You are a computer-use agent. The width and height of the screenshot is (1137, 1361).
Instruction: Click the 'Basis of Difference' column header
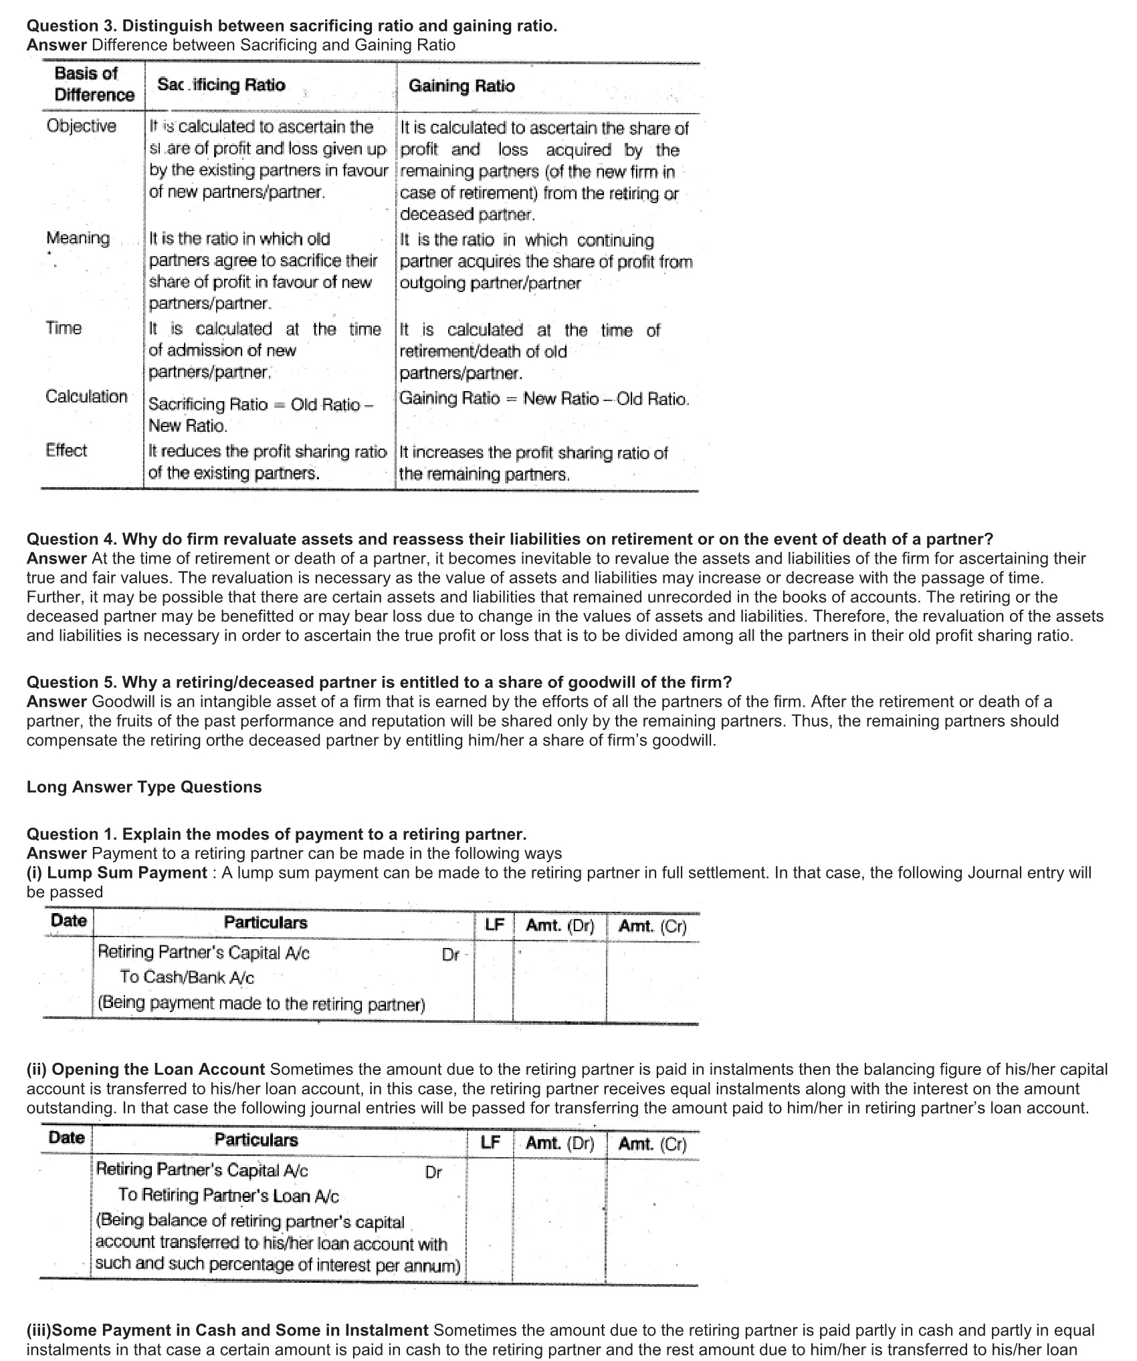click(94, 84)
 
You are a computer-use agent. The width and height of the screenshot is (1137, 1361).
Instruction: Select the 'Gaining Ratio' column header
click(461, 86)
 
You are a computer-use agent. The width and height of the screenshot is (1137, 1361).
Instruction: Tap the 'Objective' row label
click(81, 126)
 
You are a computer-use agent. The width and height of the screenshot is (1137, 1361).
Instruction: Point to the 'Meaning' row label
click(78, 238)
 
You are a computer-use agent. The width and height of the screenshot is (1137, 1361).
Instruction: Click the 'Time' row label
click(64, 328)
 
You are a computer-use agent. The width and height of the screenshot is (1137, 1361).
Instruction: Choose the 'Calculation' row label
click(86, 396)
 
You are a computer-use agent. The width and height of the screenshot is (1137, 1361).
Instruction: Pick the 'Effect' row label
click(66, 451)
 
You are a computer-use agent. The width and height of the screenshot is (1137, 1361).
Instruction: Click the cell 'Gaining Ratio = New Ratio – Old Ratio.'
click(544, 399)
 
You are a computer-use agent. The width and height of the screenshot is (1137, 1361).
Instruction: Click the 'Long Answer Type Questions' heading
click(144, 787)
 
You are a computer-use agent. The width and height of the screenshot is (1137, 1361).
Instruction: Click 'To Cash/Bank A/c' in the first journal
click(187, 977)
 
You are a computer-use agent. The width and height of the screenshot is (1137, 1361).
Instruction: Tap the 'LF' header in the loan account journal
click(490, 1142)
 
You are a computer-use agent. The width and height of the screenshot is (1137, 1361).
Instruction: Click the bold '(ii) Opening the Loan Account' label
click(146, 1070)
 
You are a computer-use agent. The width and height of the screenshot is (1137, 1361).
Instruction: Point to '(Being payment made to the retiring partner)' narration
click(261, 1003)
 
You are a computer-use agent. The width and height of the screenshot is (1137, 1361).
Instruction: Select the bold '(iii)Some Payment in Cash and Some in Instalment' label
click(227, 1330)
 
